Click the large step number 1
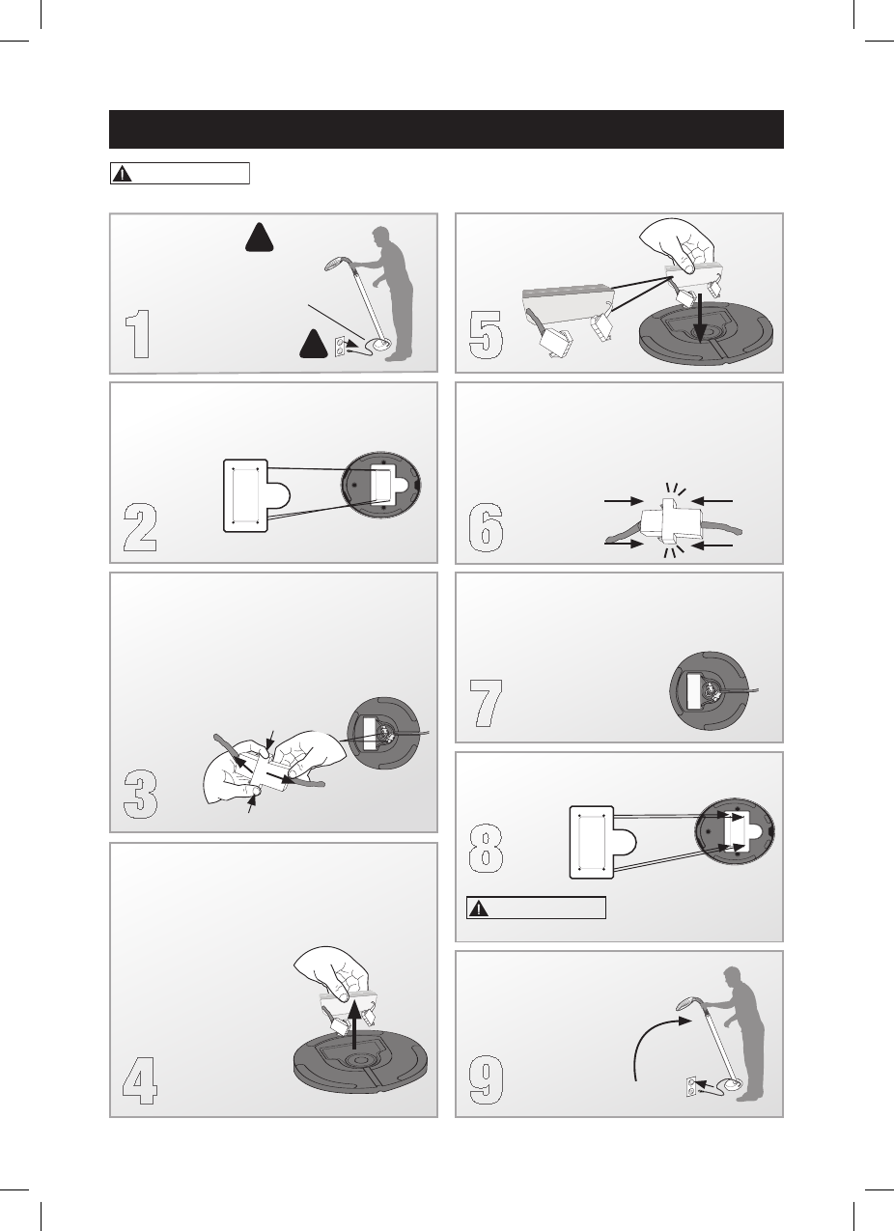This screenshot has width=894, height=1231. click(x=137, y=334)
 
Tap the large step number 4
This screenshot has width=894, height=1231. click(x=140, y=1080)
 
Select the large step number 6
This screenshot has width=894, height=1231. click(x=486, y=527)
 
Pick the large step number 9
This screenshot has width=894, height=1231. click(x=486, y=1080)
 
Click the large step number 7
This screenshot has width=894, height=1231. click(x=486, y=703)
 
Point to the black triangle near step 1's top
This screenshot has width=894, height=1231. click(x=260, y=238)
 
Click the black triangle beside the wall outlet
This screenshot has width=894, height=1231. click(x=314, y=344)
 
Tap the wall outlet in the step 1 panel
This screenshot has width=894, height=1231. click(x=339, y=347)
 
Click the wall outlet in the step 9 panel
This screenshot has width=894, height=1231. click(x=691, y=1087)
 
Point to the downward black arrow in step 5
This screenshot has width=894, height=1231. click(x=700, y=318)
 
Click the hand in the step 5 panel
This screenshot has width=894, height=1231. click(x=678, y=244)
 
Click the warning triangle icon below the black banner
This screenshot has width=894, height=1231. click(x=122, y=174)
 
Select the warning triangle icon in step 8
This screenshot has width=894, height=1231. click(x=479, y=908)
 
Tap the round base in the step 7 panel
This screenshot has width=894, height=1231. click(x=709, y=690)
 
